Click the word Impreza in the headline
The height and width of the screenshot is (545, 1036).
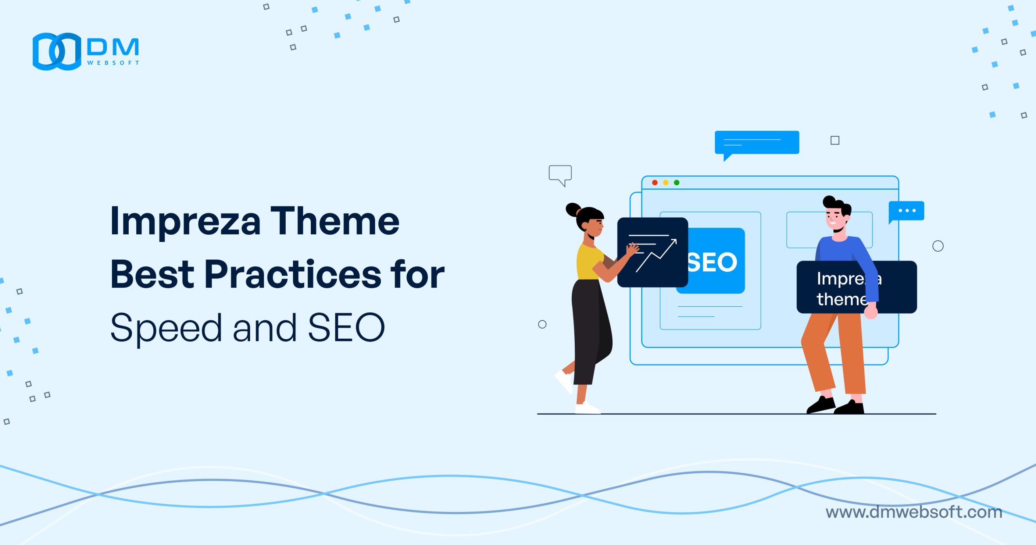coord(185,222)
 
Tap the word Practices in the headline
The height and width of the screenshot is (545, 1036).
coord(293,275)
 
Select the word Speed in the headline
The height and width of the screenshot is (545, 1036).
coord(166,328)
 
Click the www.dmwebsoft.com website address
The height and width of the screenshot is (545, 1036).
coord(914,512)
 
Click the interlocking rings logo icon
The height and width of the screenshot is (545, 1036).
coord(57,51)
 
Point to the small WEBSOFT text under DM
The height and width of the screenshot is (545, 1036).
coord(113,63)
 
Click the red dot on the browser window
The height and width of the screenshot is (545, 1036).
coord(655,183)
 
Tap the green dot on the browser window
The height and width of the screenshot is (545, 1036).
coord(677,183)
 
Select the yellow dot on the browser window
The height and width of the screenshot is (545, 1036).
coord(666,183)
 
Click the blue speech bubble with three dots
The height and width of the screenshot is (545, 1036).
coord(906,211)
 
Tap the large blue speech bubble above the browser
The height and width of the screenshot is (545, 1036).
coord(757,142)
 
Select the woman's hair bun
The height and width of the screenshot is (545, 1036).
coord(573,209)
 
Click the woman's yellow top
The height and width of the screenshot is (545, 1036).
coord(589,261)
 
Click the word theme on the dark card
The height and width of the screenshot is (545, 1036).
coord(841,299)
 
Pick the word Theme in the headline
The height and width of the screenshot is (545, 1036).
coord(335,222)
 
